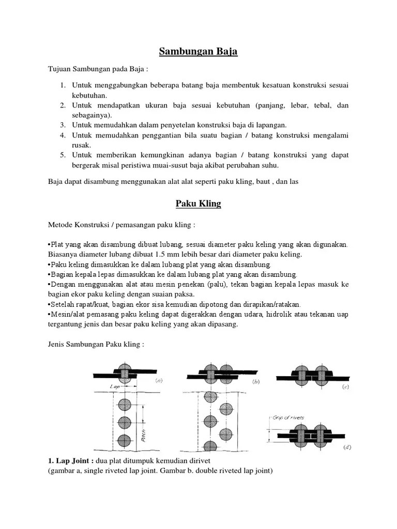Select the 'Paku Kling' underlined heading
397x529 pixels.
point(198,204)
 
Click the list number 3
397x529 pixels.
point(61,125)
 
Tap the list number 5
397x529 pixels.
point(61,155)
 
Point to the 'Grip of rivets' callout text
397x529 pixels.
point(287,417)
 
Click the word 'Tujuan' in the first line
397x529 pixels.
point(58,69)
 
